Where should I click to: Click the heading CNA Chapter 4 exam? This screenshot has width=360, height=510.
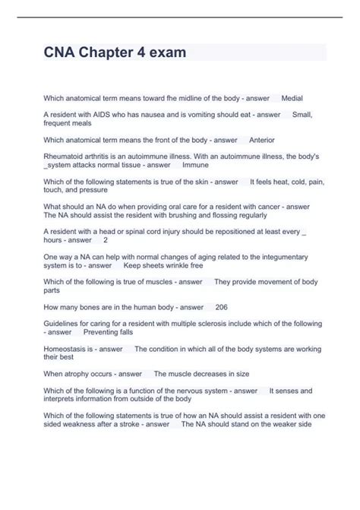coord(115,52)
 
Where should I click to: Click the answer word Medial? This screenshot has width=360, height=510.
coord(292,98)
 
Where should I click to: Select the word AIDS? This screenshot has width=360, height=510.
coord(96,114)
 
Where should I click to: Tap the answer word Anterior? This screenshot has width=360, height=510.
coord(261,140)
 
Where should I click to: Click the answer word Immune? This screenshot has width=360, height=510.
coord(195,164)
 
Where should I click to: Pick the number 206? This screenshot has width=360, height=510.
coord(221,307)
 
